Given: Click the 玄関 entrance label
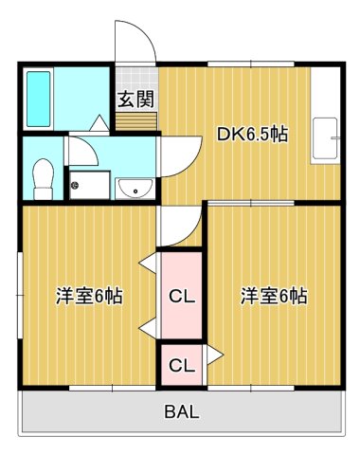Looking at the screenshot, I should point(135,98).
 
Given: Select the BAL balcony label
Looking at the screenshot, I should point(181,411).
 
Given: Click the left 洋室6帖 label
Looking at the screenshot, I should point(88,295).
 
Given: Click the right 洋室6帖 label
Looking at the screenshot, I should point(273,295).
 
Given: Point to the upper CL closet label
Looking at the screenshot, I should point(181,296).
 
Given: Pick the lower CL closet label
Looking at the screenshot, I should point(181,364).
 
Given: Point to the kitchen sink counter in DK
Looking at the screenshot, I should point(326,141).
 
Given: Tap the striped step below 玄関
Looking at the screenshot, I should point(135,121).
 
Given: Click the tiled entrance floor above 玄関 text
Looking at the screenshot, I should point(135,75).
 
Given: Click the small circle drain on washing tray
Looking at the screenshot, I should point(76,186).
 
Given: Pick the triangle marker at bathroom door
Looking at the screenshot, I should point(99,121).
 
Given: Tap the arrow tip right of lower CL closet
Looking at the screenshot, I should point(220,355).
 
